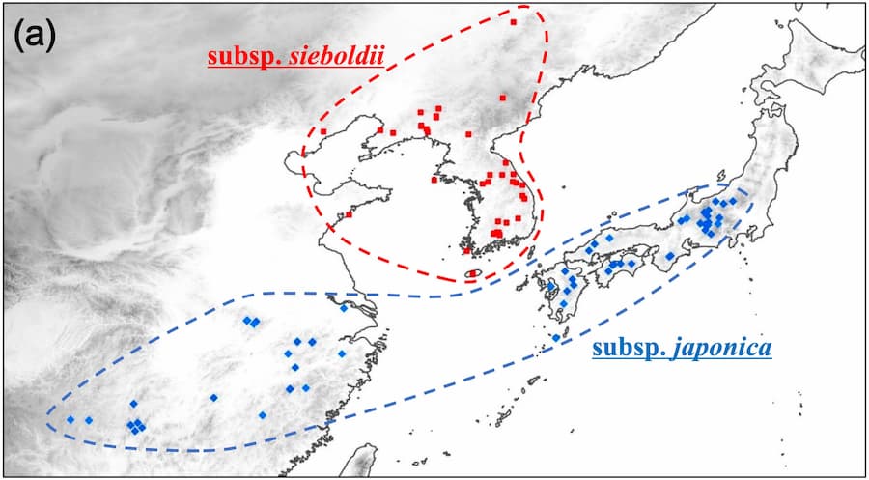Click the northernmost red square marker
click(x=514, y=21)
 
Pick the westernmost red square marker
click(x=325, y=131)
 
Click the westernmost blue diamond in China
click(x=70, y=419)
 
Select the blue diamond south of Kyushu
click(x=556, y=337)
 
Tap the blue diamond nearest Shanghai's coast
click(x=345, y=309)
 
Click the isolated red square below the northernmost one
click(x=503, y=97)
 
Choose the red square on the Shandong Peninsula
click(x=349, y=214)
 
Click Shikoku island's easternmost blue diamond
click(x=632, y=263)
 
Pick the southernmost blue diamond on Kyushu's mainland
click(x=563, y=303)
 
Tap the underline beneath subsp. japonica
click(x=682, y=359)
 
